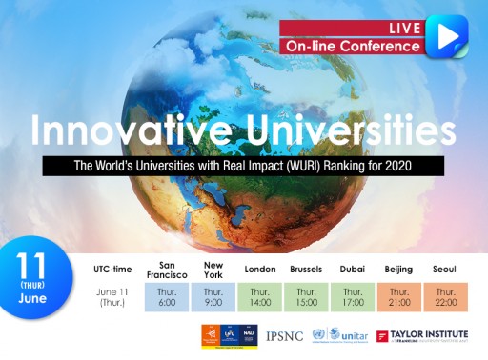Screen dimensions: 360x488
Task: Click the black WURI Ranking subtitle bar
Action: click(x=244, y=166)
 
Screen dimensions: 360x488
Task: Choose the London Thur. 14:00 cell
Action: click(x=259, y=297)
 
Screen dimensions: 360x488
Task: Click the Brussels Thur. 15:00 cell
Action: click(x=306, y=297)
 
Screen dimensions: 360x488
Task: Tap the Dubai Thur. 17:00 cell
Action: click(x=353, y=297)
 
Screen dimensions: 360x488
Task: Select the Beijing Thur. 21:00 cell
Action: click(x=398, y=297)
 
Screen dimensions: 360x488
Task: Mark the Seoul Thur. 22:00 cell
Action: click(x=445, y=297)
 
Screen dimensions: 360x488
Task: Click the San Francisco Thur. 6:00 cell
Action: click(x=167, y=297)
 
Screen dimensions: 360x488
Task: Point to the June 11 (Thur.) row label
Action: click(x=112, y=297)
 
